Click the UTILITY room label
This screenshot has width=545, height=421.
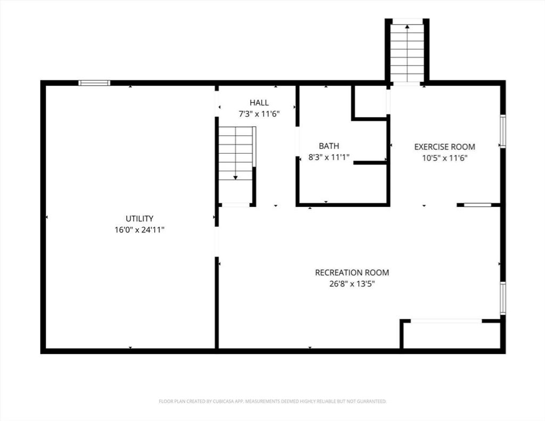[139, 219]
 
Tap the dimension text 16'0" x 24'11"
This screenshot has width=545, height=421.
[139, 230]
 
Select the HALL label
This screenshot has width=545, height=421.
[259, 103]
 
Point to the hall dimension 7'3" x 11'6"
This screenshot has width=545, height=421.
[259, 114]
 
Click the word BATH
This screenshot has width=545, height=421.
[329, 146]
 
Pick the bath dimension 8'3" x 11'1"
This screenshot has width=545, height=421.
[329, 158]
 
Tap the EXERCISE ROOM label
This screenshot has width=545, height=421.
[444, 147]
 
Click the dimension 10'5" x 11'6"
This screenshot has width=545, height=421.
[444, 158]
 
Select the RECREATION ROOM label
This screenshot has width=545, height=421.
[352, 273]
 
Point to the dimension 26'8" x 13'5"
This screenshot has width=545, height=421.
[352, 284]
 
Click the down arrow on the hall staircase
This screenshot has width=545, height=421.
[235, 178]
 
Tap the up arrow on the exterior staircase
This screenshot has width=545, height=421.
[407, 27]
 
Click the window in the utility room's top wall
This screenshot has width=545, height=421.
[94, 82]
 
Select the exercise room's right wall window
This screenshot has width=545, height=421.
[502, 131]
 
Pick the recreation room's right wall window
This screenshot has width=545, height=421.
[502, 299]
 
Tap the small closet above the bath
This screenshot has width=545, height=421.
[370, 102]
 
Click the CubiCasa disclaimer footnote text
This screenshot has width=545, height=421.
[273, 401]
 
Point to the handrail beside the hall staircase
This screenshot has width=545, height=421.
[254, 147]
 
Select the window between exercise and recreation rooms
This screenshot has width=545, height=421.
[477, 205]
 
